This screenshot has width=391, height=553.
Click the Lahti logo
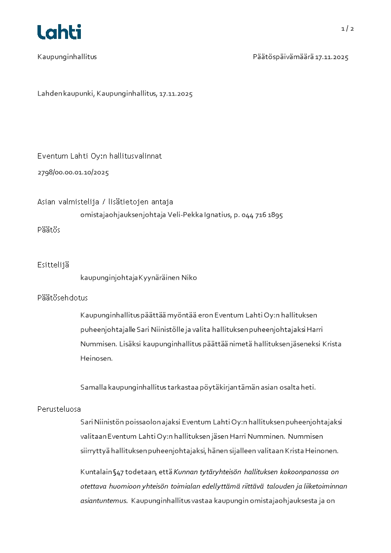point(59,32)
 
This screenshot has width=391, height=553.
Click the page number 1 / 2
point(348,29)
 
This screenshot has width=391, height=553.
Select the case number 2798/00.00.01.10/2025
point(73,172)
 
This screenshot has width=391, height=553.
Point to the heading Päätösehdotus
point(63,298)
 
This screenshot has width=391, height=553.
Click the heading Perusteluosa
point(59,409)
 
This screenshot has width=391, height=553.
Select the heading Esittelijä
point(53,265)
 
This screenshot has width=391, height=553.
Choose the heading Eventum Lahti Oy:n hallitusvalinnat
point(100,156)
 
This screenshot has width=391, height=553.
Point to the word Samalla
point(93,387)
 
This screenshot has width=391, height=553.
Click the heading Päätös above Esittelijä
point(49,230)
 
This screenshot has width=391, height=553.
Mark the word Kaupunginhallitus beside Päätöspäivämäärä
point(67,57)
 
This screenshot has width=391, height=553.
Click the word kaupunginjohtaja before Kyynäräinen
point(109,278)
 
